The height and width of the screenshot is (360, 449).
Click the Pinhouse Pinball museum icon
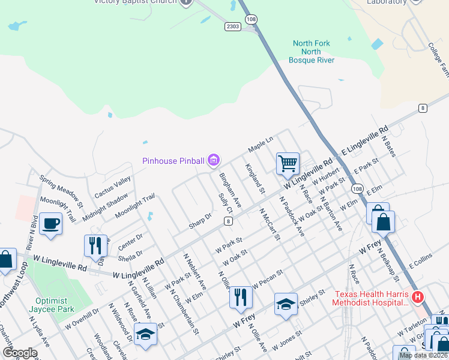pos(214,160)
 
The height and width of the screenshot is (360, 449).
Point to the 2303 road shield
pos(234,26)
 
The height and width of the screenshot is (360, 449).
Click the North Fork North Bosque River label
pos(311,52)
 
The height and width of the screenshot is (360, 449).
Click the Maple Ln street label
pos(261,145)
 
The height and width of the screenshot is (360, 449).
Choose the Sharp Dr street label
pos(200,220)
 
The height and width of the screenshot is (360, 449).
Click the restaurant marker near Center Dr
pos(95,245)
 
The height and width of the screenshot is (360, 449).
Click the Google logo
pos(20,352)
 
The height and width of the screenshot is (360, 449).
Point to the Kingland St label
pos(255,178)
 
